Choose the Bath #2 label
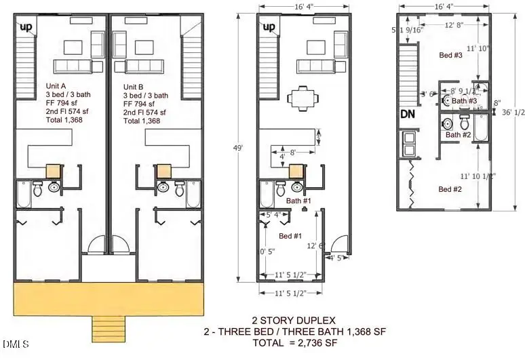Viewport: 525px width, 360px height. pyautogui.click(x=458, y=135)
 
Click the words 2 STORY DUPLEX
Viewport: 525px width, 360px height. pyautogui.click(x=293, y=319)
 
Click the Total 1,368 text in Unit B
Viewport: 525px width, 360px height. pyautogui.click(x=142, y=121)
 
